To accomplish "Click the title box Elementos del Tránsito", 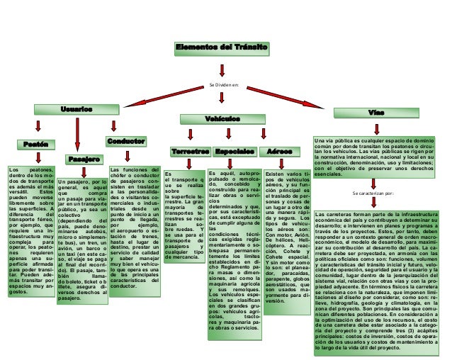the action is click(x=222, y=47).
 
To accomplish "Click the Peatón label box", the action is click(x=35, y=145).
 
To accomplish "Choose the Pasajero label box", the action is click(x=84, y=158).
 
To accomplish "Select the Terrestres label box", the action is click(x=190, y=152).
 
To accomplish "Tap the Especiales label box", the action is click(x=236, y=152).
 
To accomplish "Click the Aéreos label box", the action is click(x=278, y=152).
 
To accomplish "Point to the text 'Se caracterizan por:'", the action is click(x=373, y=192).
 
